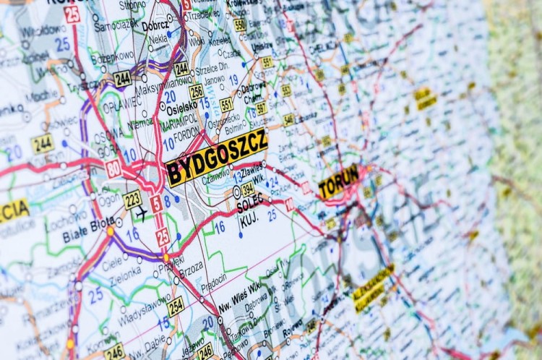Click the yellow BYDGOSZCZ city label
(x=216, y=158)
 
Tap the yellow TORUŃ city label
(x=338, y=181)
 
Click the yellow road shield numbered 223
(x=132, y=199)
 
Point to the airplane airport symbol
(x=141, y=214)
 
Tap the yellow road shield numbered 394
(x=248, y=189)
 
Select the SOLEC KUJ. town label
(x=249, y=210)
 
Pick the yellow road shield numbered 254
(x=176, y=306)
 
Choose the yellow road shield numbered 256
(x=197, y=92)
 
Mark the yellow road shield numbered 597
(x=261, y=108)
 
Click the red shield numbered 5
(x=156, y=205)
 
